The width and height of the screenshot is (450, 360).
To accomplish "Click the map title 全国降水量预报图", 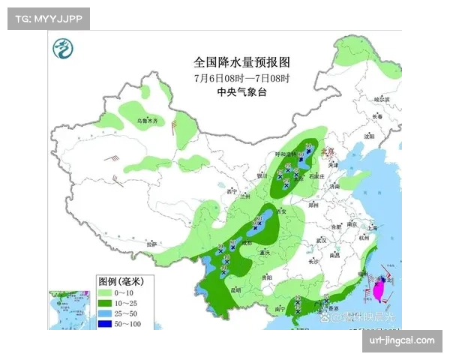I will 241,62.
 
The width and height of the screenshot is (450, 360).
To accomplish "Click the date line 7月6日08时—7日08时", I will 241,77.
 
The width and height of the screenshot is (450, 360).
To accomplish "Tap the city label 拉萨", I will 153,244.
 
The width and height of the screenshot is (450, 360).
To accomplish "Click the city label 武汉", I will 323,240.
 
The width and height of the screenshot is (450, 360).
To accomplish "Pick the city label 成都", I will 247,243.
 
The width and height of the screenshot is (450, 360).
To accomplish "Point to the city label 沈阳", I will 367,137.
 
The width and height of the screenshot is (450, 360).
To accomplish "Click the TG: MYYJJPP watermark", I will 48,18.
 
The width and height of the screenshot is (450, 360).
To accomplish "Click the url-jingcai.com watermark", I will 401,340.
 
